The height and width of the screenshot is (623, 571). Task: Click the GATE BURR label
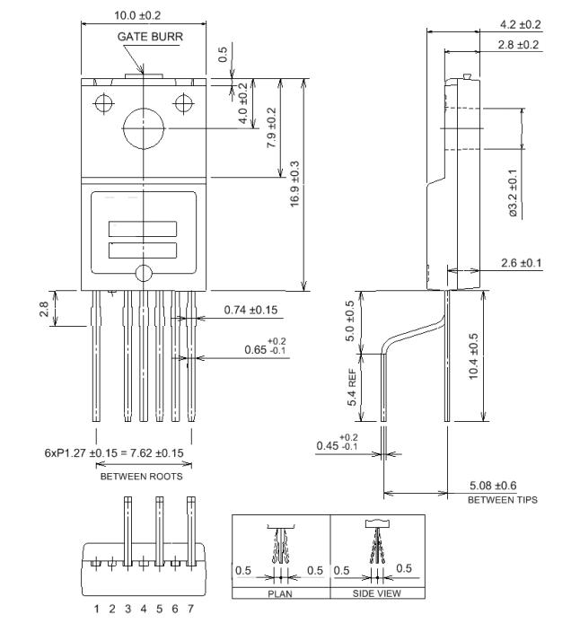tap(140, 37)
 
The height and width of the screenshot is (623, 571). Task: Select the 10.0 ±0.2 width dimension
tap(131, 14)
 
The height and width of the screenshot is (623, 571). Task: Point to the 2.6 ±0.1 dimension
tap(521, 262)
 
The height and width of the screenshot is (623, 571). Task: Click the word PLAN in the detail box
tap(280, 593)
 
